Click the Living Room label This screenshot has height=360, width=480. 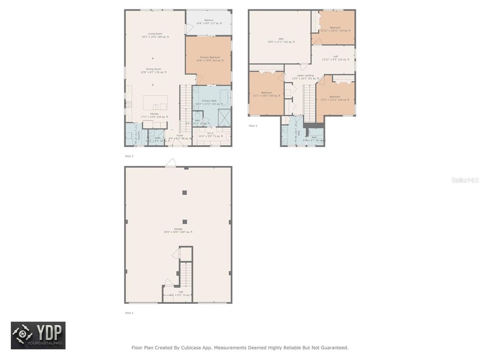tap(155, 34)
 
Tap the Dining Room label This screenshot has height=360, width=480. tap(153, 69)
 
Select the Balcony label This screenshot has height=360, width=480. tap(209, 20)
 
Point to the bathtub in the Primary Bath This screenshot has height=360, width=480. tap(224, 98)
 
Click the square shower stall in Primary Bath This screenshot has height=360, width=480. tap(224, 117)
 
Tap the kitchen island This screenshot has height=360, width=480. tap(155, 102)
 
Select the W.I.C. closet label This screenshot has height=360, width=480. tap(210, 133)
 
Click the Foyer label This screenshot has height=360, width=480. tap(180, 135)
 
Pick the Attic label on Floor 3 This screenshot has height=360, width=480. tap(281, 39)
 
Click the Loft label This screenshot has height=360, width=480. tap(335, 57)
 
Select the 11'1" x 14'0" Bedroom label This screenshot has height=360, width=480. tap(266, 93)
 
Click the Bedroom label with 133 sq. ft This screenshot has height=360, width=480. tap(335, 28)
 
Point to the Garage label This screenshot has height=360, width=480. tap(178, 229)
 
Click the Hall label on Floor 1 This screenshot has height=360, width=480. tap(180, 292)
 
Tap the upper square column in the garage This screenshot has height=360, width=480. tap(185, 192)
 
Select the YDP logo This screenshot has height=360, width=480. tap(38, 335)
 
